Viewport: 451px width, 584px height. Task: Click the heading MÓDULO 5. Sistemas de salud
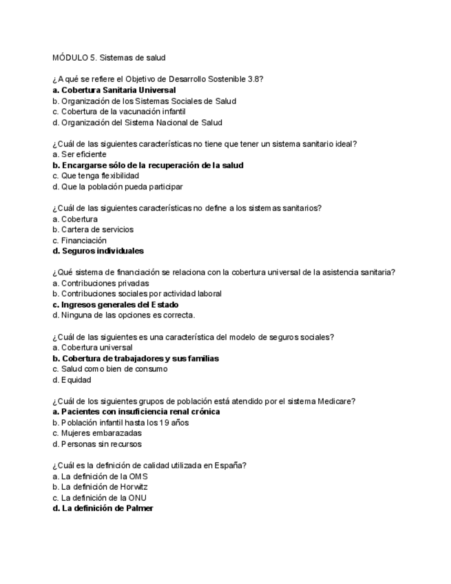(109, 57)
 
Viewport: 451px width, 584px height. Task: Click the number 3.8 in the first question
(255, 79)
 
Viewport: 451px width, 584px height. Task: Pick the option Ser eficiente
(79, 154)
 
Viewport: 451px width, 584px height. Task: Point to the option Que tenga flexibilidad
(95, 176)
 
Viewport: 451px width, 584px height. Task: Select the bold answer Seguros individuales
(98, 251)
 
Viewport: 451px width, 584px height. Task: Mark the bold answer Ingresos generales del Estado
(116, 304)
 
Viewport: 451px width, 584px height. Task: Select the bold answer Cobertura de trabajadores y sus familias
(136, 358)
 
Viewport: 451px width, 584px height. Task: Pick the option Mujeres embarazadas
(97, 433)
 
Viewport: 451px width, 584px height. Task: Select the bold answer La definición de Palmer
(103, 508)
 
